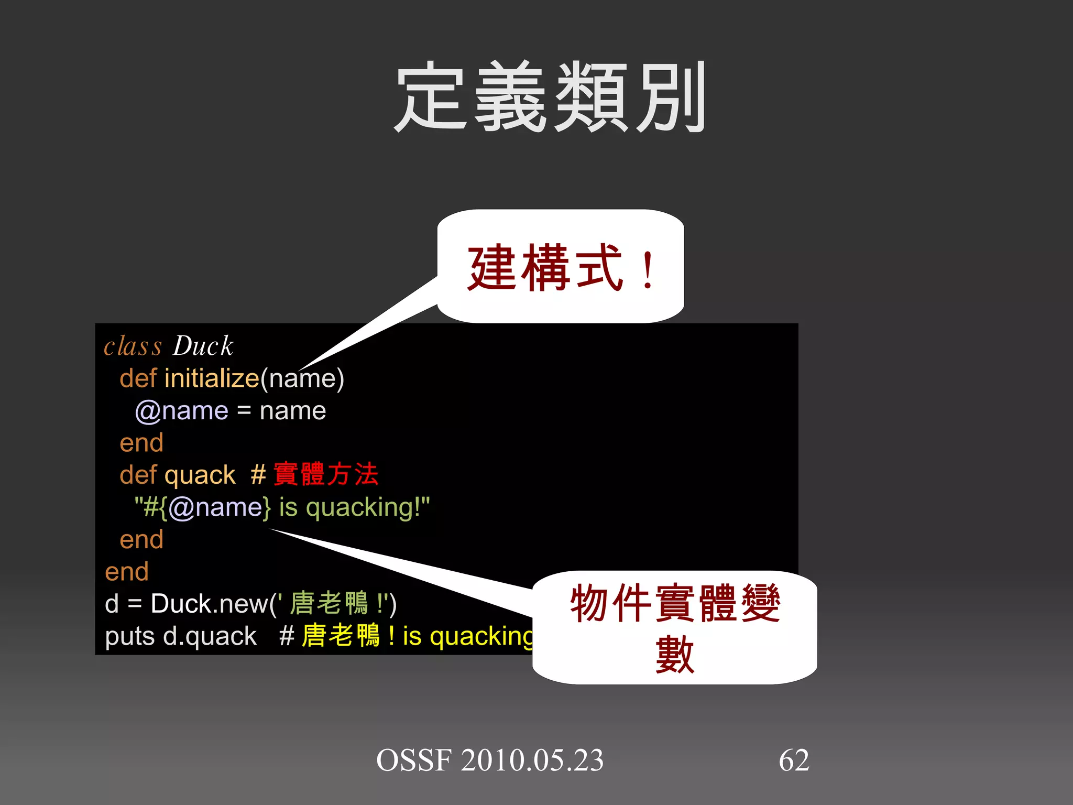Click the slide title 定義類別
550,97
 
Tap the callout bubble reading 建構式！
561,267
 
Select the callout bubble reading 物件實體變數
675,627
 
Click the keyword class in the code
133,346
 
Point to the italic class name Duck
203,346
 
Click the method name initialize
212,378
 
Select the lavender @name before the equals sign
182,411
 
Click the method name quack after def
200,475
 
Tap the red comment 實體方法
325,474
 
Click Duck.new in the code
210,604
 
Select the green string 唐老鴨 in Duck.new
329,603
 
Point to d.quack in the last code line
210,636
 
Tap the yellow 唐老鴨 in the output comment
341,636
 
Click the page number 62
794,760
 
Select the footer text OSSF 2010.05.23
490,760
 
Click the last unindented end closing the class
127,572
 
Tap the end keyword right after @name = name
141,443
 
